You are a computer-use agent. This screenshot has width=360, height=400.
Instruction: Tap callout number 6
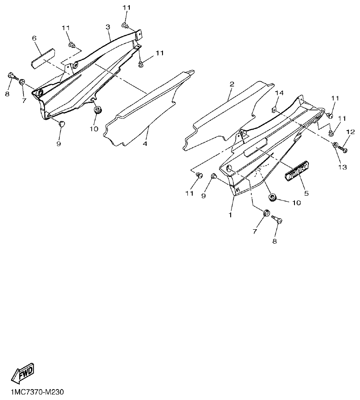click(x=34, y=38)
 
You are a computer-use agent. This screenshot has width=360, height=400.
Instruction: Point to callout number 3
click(x=107, y=27)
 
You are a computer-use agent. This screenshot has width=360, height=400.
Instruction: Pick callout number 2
click(x=232, y=83)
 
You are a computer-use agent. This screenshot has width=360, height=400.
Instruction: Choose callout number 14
click(x=280, y=93)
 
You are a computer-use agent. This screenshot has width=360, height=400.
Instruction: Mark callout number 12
click(x=350, y=132)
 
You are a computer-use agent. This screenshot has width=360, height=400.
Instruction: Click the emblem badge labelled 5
click(x=298, y=170)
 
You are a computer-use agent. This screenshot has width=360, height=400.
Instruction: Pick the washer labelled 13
click(x=335, y=145)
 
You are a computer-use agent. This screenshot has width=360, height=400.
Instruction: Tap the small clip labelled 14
click(x=274, y=109)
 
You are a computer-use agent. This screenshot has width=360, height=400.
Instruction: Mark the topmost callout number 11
click(x=127, y=8)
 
